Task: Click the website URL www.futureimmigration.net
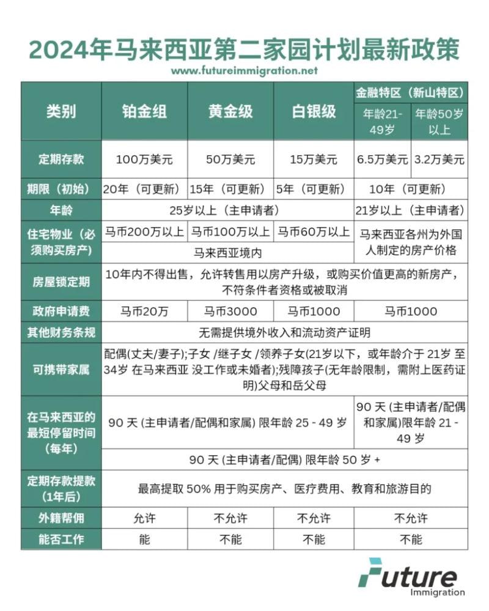coord(244,70)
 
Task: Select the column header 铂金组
coord(144,111)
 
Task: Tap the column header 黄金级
coord(230,111)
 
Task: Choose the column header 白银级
coord(314,111)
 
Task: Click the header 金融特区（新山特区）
coord(411,93)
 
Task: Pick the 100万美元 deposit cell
coord(144,159)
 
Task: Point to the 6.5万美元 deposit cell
coord(383,159)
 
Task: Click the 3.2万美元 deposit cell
coord(439,159)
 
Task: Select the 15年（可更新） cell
coord(230,189)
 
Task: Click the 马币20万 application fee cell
coord(144,312)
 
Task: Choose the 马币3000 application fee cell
coord(230,312)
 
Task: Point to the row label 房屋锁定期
coord(61,282)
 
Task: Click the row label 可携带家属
coord(61,370)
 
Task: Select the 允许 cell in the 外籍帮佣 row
coord(144,519)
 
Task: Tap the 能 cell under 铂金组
coord(144,540)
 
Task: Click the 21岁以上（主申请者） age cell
coord(411,211)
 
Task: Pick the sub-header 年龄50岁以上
coord(439,122)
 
